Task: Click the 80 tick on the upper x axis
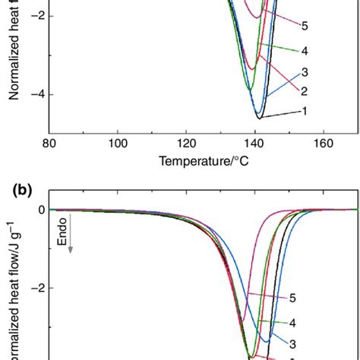pos(49,142)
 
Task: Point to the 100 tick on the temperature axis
pos(118,142)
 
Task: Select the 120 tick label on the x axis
pos(187,142)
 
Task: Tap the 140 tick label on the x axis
pos(255,142)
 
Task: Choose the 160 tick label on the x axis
pos(324,142)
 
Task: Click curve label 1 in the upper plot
pos(303,111)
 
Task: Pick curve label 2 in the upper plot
pos(303,91)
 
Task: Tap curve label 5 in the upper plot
pos(303,27)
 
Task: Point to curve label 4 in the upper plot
pos(303,51)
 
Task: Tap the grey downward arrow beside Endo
pos(71,262)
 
